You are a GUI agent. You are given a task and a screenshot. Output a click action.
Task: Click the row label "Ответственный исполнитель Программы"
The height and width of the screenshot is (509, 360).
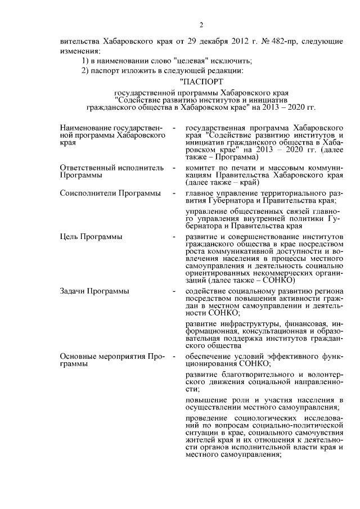click(111, 172)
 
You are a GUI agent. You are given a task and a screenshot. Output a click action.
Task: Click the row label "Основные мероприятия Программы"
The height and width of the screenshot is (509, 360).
click(111, 360)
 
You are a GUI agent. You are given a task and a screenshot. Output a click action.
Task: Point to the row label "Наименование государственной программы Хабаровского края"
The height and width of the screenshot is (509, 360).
click(111, 136)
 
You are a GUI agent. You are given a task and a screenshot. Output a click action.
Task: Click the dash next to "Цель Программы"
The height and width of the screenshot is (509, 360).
click(175, 237)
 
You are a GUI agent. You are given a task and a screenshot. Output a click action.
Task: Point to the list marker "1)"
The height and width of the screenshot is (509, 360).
click(86, 61)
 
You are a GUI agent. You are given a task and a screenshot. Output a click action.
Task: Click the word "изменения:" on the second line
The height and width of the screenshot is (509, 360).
click(76, 51)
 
